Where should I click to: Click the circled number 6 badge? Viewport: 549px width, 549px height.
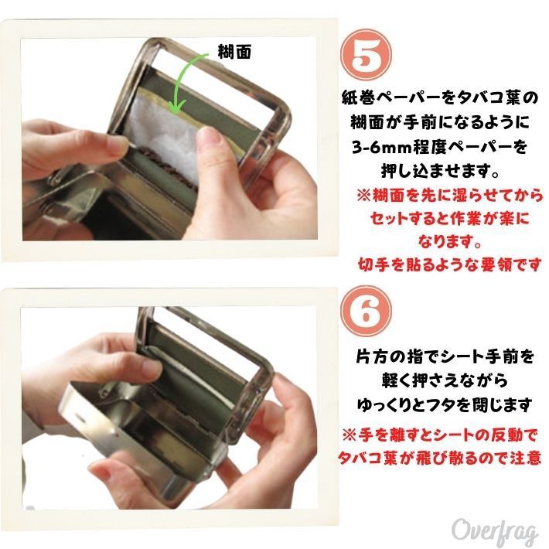tap(367, 312)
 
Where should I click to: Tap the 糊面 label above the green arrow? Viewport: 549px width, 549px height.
tap(234, 52)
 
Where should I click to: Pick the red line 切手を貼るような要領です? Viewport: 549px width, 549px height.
tap(449, 265)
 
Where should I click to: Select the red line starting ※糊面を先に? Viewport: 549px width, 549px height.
tap(449, 196)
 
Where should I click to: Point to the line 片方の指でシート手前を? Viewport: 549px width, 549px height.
tap(445, 356)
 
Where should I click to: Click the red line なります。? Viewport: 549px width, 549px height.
tap(449, 241)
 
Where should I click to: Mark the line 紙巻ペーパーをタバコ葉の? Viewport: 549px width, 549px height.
tap(440, 99)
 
